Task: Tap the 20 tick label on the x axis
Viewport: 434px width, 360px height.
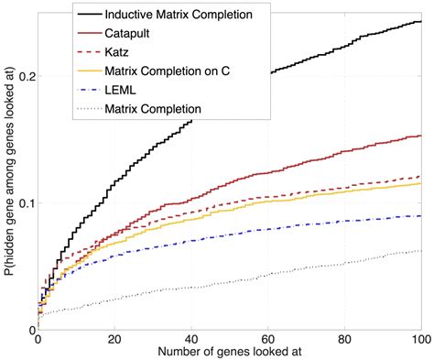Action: click(x=114, y=338)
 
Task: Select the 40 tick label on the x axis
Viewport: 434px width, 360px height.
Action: click(x=190, y=338)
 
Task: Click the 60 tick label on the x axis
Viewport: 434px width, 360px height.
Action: click(x=267, y=338)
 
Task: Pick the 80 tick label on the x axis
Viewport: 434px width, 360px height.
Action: click(x=344, y=338)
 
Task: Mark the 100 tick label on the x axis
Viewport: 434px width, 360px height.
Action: click(x=418, y=338)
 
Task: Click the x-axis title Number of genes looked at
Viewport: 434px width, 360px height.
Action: click(x=229, y=352)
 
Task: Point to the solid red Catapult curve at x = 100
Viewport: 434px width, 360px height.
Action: click(x=420, y=136)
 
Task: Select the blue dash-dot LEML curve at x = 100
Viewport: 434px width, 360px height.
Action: click(x=420, y=216)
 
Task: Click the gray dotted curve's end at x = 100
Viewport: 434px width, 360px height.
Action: click(x=420, y=250)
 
